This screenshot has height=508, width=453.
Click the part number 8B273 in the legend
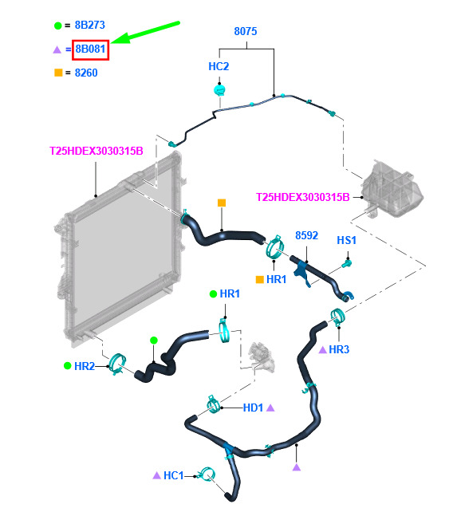tap(90, 25)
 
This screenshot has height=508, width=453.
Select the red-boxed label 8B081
tap(90, 49)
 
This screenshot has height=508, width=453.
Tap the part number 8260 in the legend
tap(86, 73)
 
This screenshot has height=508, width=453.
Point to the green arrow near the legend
tap(145, 32)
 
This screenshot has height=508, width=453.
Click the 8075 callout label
tap(246, 31)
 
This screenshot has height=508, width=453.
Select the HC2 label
tap(219, 66)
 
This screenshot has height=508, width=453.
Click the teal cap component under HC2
tap(219, 90)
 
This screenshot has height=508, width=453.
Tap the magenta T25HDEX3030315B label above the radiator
tap(97, 151)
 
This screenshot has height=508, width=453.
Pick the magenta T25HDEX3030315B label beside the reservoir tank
tap(302, 197)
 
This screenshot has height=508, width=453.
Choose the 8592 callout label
tap(306, 235)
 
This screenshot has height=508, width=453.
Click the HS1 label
tap(346, 240)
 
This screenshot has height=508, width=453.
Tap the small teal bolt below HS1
tap(347, 263)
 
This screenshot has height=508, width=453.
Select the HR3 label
tap(339, 349)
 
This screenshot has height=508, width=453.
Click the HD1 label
tap(253, 408)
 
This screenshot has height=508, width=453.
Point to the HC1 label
tap(173, 475)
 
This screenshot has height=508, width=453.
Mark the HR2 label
tap(85, 366)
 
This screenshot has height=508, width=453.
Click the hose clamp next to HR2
tap(117, 364)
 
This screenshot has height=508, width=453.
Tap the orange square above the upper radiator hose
tap(222, 203)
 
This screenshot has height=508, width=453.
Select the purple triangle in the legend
tap(57, 49)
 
